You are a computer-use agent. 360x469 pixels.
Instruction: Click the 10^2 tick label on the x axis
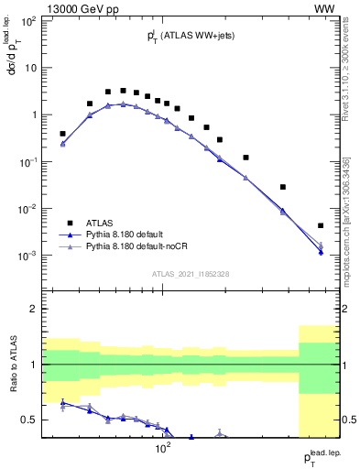163,449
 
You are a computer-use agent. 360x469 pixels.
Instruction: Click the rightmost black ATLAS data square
321,225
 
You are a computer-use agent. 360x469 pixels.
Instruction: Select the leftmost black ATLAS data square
62,134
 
